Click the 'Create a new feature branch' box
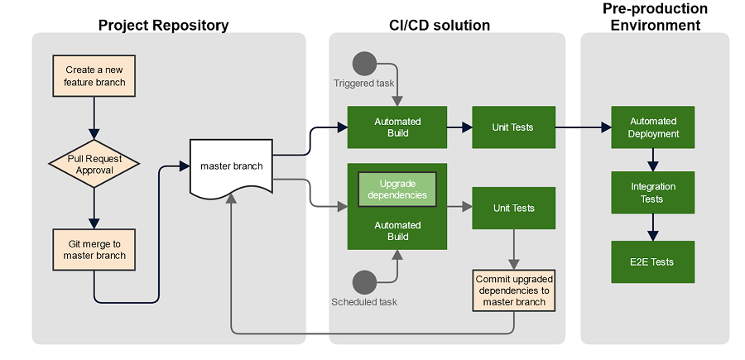tap(94, 75)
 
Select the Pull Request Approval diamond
tap(94, 164)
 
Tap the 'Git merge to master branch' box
tap(94, 250)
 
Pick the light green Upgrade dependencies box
tap(397, 189)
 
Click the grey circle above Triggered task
tap(364, 63)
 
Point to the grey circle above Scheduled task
tap(364, 282)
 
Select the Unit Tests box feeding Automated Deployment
tap(513, 127)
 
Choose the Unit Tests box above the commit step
tap(513, 208)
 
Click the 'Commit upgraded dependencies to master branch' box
tap(513, 290)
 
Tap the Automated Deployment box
tap(653, 127)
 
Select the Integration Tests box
tap(653, 193)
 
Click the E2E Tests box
tap(653, 262)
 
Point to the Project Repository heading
tap(163, 25)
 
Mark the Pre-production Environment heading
tap(655, 17)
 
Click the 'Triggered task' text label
tap(365, 84)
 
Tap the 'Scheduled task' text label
tap(364, 302)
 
